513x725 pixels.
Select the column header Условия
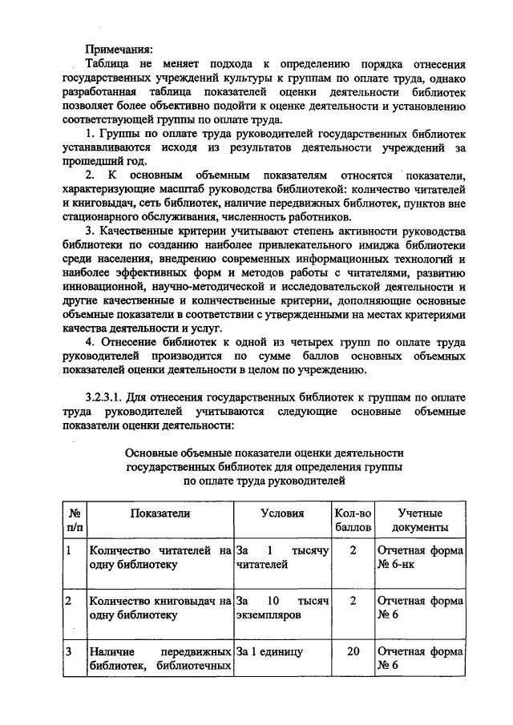(x=282, y=513)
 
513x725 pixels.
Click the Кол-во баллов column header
(x=353, y=521)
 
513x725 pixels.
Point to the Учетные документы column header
(x=420, y=521)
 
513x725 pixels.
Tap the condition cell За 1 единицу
(x=269, y=651)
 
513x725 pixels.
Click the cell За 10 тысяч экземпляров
(x=282, y=608)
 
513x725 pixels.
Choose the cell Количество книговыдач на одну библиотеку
(x=161, y=608)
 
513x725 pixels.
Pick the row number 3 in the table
(x=69, y=651)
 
